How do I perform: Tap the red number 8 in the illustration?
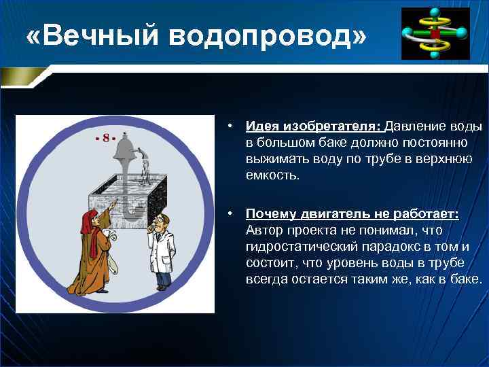(x=106, y=138)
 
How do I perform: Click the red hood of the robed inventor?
(x=88, y=220)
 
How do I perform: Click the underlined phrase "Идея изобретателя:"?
(x=314, y=126)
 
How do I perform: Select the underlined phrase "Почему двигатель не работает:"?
(x=352, y=214)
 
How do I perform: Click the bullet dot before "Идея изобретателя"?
(x=232, y=126)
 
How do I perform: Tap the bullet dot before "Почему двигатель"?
(x=232, y=214)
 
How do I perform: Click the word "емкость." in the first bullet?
(x=272, y=175)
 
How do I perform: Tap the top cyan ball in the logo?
(x=435, y=12)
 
